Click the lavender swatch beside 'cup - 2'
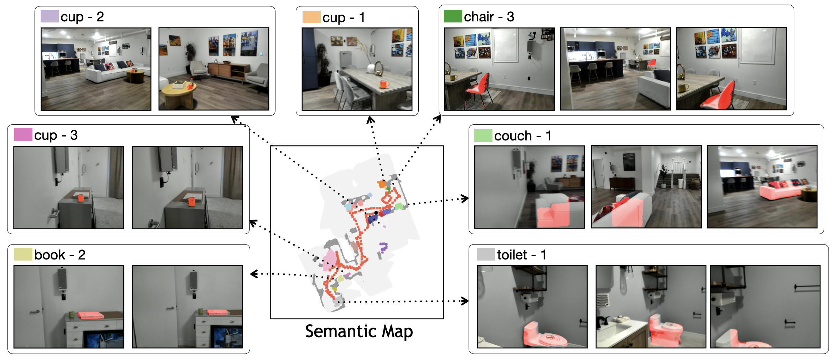point(50,16)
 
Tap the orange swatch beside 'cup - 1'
point(311,17)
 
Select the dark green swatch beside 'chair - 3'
point(453,16)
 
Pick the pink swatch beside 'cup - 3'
point(23,135)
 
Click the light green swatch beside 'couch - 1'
point(483,135)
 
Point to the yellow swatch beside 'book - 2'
point(23,254)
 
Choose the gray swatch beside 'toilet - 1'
point(485,254)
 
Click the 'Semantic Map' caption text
point(359,331)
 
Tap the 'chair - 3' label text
point(489,17)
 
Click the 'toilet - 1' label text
point(521,255)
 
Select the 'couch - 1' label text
point(522,136)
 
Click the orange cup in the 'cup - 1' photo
point(384,84)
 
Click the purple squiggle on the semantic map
point(383,247)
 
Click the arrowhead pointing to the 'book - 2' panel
point(254,274)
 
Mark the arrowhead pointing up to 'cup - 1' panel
point(370,120)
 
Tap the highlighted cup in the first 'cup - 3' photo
point(81,198)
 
